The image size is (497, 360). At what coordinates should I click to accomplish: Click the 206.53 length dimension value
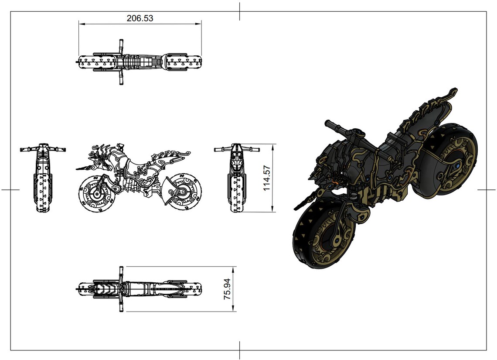click(140, 18)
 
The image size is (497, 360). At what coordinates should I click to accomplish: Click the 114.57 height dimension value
click(267, 178)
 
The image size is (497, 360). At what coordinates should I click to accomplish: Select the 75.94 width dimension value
click(227, 289)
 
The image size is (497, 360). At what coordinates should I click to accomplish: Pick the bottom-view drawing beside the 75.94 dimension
click(140, 288)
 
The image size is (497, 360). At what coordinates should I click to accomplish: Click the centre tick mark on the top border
click(240, 11)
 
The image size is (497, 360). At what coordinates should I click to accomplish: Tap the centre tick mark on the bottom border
click(240, 350)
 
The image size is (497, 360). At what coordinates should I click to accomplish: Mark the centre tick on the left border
click(10, 190)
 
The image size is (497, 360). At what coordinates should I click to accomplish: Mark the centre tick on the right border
click(487, 190)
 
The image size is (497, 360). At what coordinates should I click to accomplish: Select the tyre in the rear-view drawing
click(236, 194)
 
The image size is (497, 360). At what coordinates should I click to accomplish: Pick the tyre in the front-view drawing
click(42, 192)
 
